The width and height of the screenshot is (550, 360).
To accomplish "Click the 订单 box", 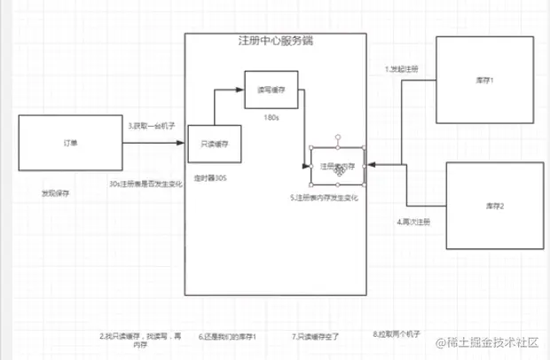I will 69,143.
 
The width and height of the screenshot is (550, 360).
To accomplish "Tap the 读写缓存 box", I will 271,90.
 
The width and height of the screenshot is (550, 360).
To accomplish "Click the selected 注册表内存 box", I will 338,166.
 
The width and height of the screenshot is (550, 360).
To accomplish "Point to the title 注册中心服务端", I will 275,42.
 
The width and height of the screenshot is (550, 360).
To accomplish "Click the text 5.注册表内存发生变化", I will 324,197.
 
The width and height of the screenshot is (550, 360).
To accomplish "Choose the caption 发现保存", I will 56,192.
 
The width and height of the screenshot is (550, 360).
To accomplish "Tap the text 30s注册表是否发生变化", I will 145,184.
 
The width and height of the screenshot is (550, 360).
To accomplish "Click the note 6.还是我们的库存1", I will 228,337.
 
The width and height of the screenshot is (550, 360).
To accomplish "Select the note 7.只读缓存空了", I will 316,337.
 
